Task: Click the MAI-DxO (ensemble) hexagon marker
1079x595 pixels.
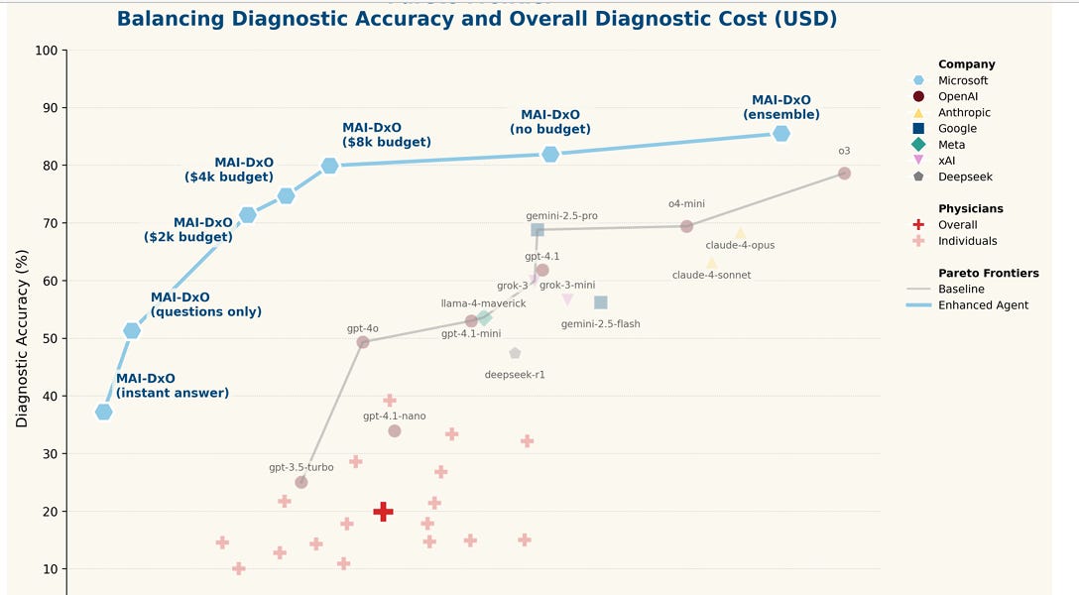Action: (x=781, y=134)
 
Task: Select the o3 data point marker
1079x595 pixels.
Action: (x=844, y=174)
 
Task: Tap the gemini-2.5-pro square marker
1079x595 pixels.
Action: (x=538, y=230)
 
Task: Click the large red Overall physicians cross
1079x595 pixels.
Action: (x=383, y=512)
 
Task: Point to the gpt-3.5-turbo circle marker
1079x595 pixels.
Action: (x=301, y=482)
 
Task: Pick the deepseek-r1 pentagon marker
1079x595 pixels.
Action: (x=515, y=353)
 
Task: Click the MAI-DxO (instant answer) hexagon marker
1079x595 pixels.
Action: (x=103, y=412)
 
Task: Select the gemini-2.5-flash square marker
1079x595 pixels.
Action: (x=600, y=302)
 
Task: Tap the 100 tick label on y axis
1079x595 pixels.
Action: (x=46, y=51)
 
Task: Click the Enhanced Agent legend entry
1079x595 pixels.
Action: (x=983, y=305)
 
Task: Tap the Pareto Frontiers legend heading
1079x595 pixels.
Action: (x=988, y=273)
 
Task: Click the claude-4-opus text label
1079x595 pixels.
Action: (x=740, y=245)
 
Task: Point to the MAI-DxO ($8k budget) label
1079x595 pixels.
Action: (x=386, y=135)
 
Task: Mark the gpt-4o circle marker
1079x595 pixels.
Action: (x=363, y=342)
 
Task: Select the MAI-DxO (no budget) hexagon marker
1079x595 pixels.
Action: (x=550, y=154)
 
